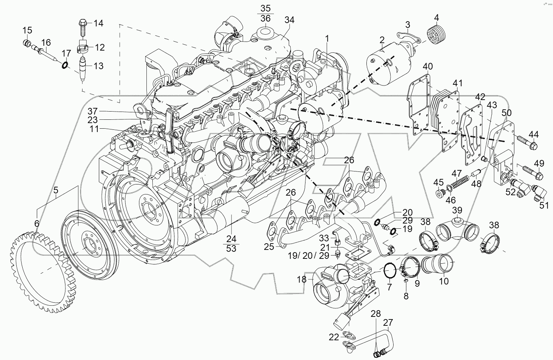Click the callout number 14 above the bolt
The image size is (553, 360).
tap(98, 23)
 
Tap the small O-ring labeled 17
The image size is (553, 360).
tap(65, 66)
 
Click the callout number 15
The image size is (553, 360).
tap(28, 30)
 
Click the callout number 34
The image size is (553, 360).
tap(289, 20)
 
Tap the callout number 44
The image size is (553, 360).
tap(534, 134)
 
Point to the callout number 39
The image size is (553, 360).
tap(457, 210)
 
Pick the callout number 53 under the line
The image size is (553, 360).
tap(231, 248)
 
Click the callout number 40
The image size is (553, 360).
tap(428, 67)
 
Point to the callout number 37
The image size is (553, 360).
tap(93, 111)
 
